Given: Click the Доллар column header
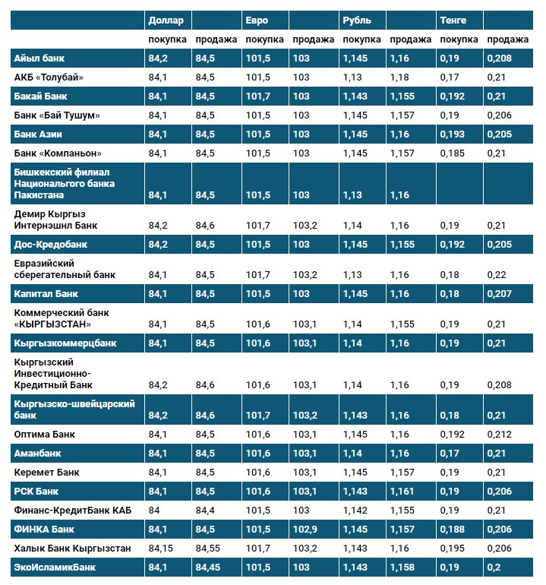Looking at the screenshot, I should coord(166,20).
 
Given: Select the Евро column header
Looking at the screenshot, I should coord(257,20).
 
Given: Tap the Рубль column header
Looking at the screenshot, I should coord(357,20).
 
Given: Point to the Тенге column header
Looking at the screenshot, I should coord(453,20).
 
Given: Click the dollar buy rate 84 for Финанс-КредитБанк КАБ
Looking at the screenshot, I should coord(154,510).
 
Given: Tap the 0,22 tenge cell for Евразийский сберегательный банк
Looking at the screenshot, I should coord(495,274).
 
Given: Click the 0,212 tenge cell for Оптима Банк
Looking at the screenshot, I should coord(498,435).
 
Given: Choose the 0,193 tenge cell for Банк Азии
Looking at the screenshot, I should coord(452,134).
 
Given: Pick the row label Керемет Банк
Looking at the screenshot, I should coord(47,473).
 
